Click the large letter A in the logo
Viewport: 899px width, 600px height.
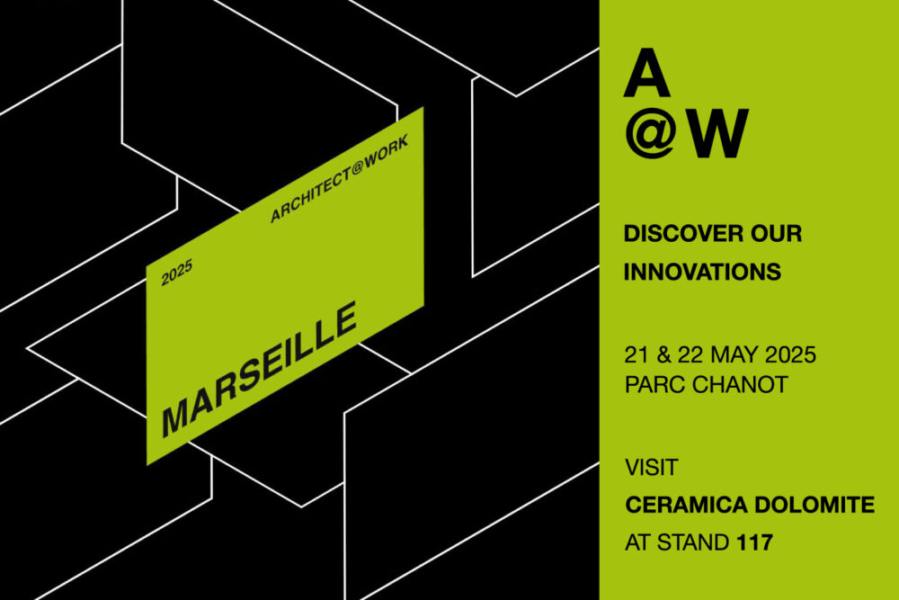click(x=646, y=73)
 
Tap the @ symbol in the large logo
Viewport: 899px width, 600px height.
click(x=651, y=133)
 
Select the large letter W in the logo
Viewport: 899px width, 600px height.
click(x=718, y=133)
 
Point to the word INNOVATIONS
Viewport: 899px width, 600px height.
click(x=702, y=272)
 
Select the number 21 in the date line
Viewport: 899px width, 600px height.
click(x=636, y=355)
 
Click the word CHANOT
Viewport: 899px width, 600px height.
click(x=740, y=384)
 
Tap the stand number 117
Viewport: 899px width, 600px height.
click(x=754, y=542)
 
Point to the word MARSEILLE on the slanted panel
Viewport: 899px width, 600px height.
click(x=260, y=370)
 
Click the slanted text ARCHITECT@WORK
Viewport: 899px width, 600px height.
click(x=340, y=178)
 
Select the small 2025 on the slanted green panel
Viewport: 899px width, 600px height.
click(x=176, y=273)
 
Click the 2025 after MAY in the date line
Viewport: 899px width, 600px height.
click(x=790, y=355)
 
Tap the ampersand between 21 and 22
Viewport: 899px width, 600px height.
click(x=663, y=355)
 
